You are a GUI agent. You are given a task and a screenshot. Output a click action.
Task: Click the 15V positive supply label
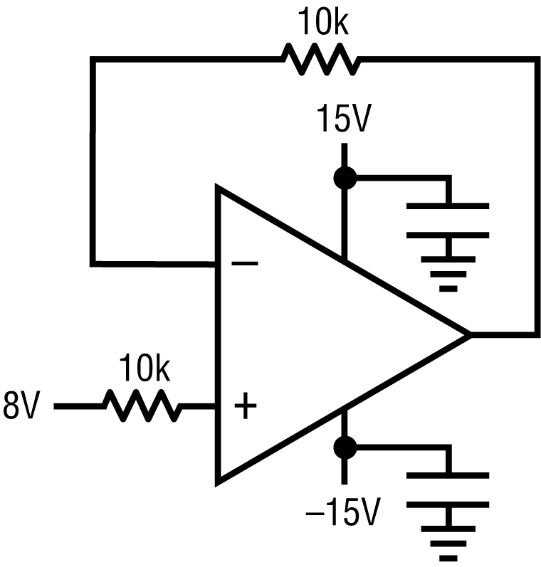(345, 121)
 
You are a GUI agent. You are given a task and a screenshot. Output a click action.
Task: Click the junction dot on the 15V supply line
(345, 178)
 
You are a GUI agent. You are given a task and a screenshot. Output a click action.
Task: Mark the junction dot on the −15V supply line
(345, 447)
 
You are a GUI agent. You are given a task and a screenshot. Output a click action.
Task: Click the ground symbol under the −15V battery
(448, 544)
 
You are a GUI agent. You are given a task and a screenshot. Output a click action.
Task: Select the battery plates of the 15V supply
(448, 220)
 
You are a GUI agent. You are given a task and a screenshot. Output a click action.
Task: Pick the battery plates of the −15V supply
(448, 489)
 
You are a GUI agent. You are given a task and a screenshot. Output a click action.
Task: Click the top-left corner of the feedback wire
(93, 60)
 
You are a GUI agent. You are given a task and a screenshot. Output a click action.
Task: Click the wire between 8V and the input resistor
(78, 406)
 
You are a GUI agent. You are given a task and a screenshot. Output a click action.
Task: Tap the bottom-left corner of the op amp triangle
(219, 480)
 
